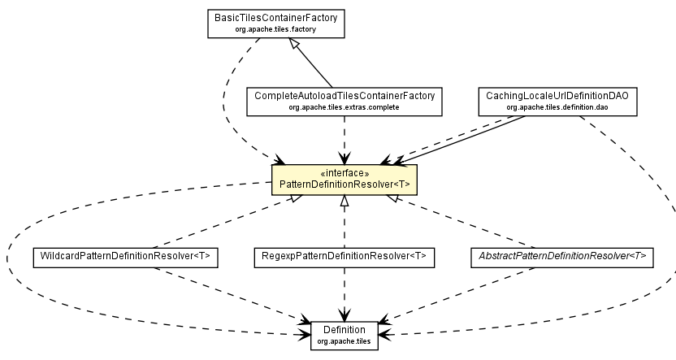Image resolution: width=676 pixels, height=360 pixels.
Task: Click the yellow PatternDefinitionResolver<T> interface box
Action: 344,180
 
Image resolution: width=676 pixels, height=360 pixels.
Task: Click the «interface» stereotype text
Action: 344,173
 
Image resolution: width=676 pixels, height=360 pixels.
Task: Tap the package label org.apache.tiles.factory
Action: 276,29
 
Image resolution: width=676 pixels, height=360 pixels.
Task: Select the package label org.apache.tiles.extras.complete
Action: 345,107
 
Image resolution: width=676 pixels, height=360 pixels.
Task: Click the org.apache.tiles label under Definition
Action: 344,341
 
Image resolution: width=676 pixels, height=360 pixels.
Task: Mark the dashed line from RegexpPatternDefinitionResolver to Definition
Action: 344,293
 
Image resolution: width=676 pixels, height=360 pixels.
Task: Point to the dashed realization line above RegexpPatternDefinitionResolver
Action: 344,223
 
